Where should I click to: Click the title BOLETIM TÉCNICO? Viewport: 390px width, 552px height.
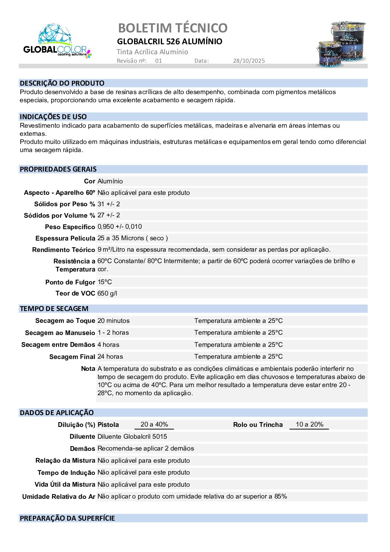173,28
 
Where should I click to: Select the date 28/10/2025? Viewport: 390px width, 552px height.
249,61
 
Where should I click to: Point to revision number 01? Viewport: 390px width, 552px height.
158,61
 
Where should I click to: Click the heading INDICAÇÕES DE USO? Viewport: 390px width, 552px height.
53,117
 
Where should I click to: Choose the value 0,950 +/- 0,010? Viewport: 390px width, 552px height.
120,227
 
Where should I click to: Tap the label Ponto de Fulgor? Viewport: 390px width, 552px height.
70,282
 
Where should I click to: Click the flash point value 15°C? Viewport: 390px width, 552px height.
105,282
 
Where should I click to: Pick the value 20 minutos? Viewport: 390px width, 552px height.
113,321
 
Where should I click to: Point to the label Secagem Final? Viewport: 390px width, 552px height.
72,357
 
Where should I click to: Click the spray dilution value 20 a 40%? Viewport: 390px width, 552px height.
154,424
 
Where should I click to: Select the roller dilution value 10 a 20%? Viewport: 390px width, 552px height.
309,424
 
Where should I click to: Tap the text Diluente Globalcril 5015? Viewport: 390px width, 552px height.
132,437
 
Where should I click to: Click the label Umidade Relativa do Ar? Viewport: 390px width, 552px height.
59,497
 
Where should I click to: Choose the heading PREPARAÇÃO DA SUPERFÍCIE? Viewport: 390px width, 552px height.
67,518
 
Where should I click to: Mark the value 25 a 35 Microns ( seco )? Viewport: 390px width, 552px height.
133,238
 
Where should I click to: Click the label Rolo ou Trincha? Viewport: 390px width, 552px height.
258,425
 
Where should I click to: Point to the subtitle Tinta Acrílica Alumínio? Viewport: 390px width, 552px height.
152,52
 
